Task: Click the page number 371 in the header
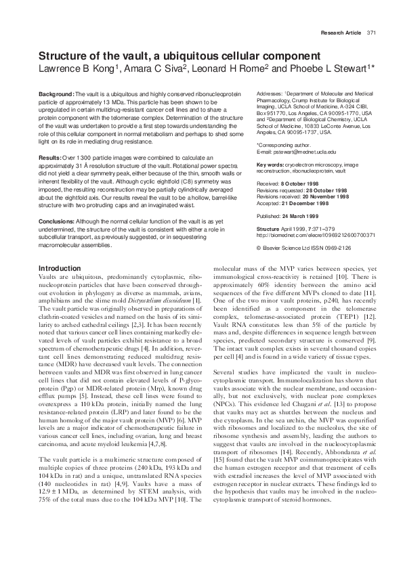(x=371, y=32)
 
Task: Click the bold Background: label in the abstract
(x=56, y=93)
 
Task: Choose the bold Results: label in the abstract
(x=50, y=157)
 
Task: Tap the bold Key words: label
(x=270, y=165)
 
